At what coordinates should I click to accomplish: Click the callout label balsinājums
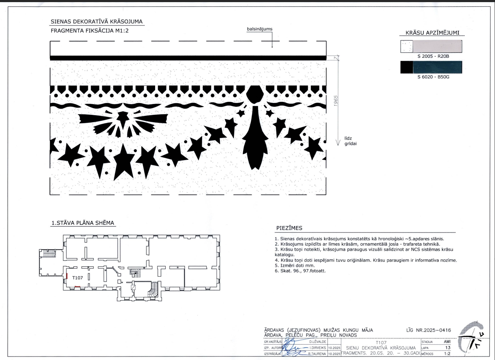pos(259,29)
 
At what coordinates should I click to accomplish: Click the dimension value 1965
pos(336,101)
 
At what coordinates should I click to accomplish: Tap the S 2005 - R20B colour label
pos(433,56)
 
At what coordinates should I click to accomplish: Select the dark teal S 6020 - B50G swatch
pos(437,67)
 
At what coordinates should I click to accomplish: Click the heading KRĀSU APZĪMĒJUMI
pos(432,33)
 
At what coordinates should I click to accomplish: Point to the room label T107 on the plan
pos(77,278)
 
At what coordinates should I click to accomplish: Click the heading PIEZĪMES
pos(289,228)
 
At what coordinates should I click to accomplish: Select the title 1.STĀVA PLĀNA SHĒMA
pos(83,223)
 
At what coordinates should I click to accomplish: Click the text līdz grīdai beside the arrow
pos(350,141)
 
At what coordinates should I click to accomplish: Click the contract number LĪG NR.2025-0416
pos(428,330)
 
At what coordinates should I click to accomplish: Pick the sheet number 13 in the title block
pos(447,348)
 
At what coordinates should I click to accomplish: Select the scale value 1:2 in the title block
pos(447,354)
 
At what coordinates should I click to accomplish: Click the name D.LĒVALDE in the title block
pos(318,342)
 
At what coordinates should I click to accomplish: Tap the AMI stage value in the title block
pos(447,342)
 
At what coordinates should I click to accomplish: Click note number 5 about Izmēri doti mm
pos(295,265)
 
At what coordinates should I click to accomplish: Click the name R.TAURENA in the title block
pos(317,354)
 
